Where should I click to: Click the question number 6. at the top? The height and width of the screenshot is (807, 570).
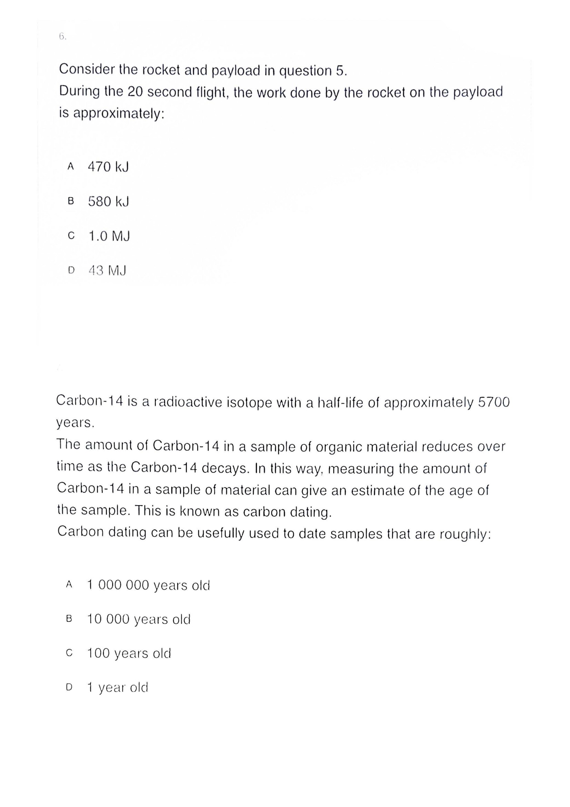point(62,37)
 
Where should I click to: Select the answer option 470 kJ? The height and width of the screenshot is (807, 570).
point(108,167)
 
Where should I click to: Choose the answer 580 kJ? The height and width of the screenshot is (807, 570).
point(108,201)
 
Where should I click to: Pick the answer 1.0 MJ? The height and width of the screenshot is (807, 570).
point(109,236)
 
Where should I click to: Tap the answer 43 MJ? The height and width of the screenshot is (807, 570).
point(108,270)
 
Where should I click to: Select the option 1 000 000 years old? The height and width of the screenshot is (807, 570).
point(148,585)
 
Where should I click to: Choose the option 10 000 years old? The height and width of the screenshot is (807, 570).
point(139,619)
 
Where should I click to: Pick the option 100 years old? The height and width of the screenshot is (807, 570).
point(129,653)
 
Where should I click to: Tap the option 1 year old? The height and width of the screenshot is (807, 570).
point(118,687)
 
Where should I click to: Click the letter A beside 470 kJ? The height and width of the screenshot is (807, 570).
point(71,166)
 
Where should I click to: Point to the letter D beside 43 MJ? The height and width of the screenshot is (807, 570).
point(71,270)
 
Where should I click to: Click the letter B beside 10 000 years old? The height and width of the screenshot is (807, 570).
point(69,619)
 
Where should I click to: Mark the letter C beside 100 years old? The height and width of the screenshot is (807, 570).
point(69,653)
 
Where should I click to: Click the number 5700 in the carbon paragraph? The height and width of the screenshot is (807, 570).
point(493,402)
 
